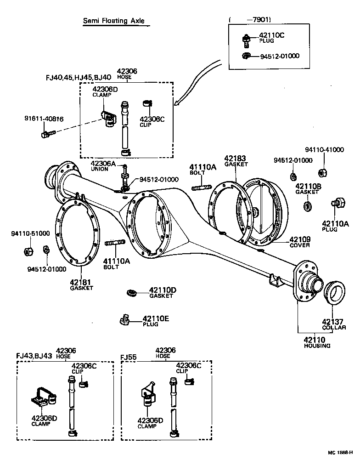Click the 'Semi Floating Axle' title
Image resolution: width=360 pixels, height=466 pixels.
pos(116,21)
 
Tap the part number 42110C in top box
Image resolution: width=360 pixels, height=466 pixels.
pos(272,35)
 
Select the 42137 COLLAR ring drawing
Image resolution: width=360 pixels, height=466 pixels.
pos(334,292)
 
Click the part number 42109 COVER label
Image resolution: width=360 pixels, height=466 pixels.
pos(299,242)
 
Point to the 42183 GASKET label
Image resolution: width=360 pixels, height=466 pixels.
pos(236,160)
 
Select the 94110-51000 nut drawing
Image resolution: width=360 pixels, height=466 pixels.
pos(27,251)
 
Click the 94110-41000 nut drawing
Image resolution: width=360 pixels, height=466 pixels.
pos(323,172)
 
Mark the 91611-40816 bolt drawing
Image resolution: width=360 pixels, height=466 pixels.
pos(47,134)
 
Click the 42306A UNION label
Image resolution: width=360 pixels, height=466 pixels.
pos(102,165)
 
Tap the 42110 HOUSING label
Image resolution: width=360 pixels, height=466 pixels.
pos(317,342)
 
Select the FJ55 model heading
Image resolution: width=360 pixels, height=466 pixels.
pos(129,357)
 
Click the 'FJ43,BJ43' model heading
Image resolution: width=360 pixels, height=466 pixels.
pos(34,356)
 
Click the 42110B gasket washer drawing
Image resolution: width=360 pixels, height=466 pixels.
pos(307,205)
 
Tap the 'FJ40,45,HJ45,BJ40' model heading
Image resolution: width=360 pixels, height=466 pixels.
pos(78,78)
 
